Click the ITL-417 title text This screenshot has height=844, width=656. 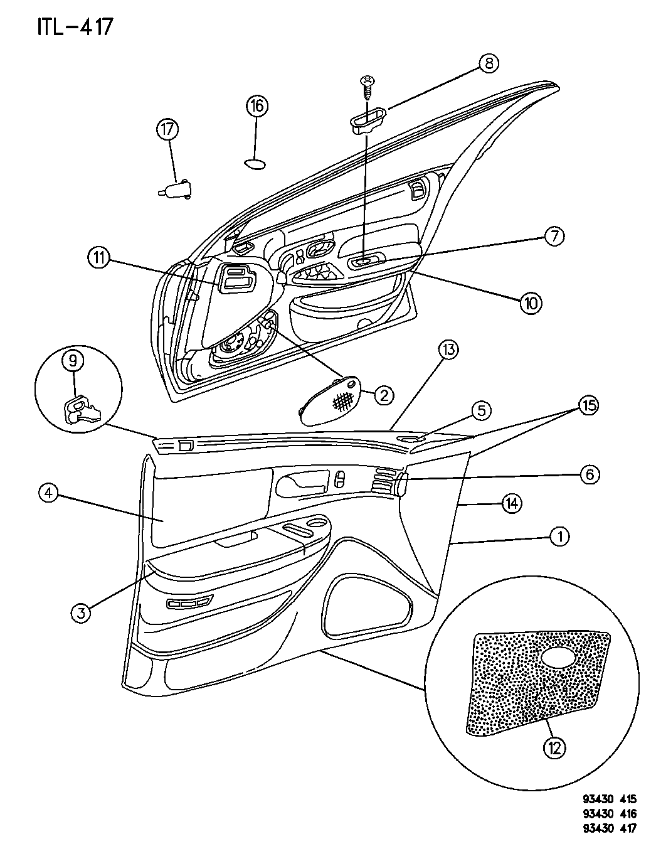75,28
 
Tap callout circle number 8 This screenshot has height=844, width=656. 489,63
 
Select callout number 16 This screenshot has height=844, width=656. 257,105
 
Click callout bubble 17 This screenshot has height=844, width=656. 167,130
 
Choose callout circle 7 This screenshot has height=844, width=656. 554,236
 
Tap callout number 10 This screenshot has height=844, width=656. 531,302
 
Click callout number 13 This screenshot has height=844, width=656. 448,350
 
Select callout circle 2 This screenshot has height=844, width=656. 384,395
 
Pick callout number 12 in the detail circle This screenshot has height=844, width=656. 554,747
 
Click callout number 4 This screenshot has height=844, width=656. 48,494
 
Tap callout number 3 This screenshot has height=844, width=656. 81,613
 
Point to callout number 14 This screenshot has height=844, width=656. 511,504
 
